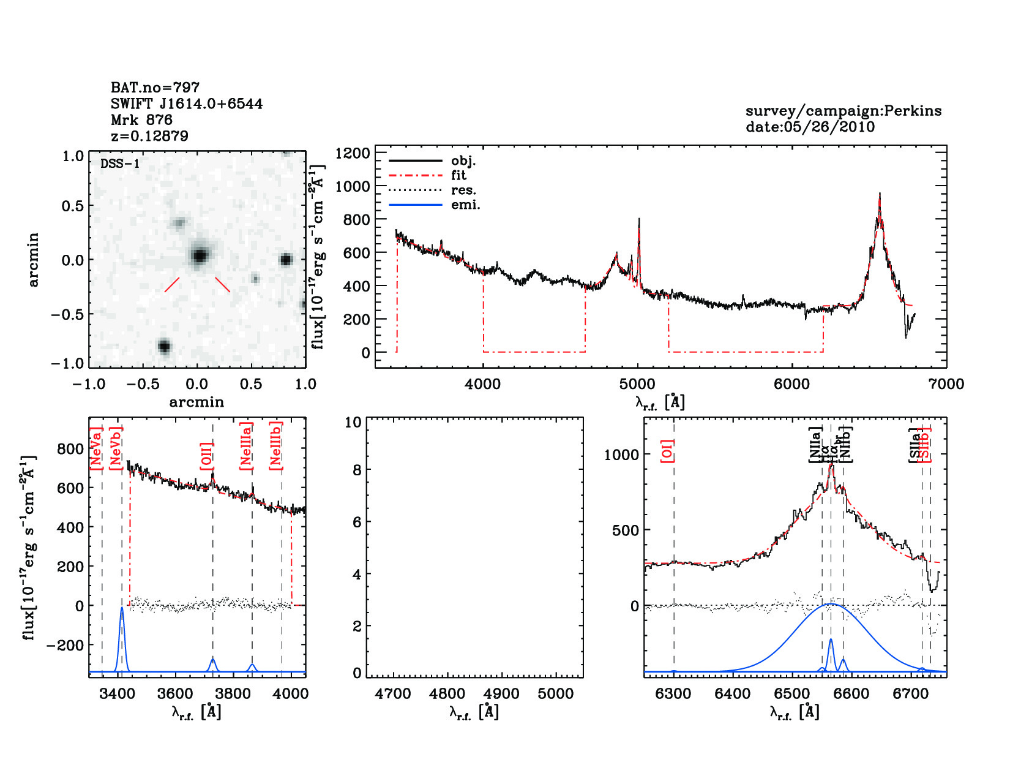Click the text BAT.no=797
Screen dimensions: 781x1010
point(155,88)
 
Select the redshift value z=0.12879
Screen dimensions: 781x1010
point(149,135)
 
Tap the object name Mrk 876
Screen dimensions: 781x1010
point(141,119)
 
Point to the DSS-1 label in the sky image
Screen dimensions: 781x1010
point(120,164)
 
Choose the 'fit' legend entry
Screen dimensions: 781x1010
point(458,175)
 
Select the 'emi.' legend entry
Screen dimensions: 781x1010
point(465,205)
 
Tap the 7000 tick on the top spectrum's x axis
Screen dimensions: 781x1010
point(946,384)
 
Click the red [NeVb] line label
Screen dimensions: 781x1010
point(116,448)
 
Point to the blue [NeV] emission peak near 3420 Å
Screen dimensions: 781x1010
point(122,608)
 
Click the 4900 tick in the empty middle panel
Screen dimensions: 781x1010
point(502,694)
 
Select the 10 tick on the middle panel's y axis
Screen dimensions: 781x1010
point(353,422)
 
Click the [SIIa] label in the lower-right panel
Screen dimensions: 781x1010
point(915,445)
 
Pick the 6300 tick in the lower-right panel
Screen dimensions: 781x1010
point(673,694)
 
